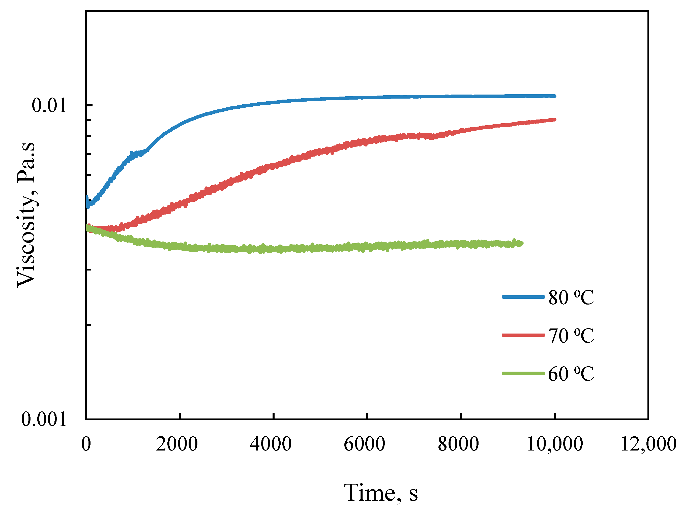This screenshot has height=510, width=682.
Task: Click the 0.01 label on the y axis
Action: (x=49, y=105)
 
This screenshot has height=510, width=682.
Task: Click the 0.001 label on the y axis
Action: (x=44, y=419)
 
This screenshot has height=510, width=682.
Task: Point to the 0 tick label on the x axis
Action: (x=86, y=444)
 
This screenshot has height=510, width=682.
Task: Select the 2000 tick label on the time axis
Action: (x=177, y=444)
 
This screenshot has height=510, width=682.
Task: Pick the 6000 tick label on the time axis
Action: (x=364, y=444)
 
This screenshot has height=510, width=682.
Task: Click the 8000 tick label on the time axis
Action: (x=458, y=444)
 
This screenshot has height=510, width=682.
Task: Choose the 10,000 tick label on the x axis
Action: (x=555, y=444)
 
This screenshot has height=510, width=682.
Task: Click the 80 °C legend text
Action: (x=571, y=297)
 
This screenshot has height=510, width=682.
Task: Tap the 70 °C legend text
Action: (x=571, y=336)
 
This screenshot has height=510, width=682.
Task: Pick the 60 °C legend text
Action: (x=571, y=374)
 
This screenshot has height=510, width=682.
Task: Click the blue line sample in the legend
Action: (x=523, y=297)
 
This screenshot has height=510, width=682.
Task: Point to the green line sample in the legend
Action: (x=523, y=373)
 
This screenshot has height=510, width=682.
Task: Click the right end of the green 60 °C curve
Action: (x=521, y=244)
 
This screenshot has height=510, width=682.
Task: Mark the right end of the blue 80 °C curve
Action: (x=554, y=96)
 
